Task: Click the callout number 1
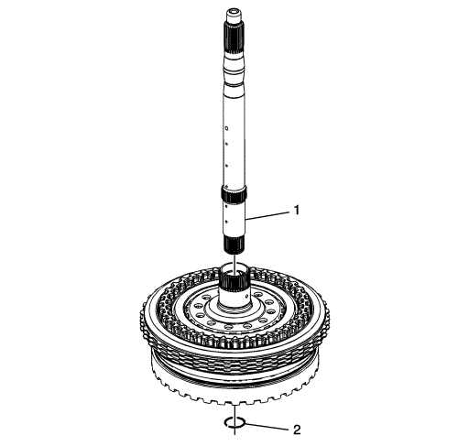point(297,211)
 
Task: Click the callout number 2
point(297,430)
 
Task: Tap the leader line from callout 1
point(267,215)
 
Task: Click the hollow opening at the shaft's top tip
point(234,13)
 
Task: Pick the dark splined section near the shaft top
point(234,38)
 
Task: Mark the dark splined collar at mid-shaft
point(234,194)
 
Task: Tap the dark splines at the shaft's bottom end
point(234,245)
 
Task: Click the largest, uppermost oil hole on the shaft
point(227,128)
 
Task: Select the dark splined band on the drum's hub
point(234,281)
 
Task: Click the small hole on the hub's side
point(246,295)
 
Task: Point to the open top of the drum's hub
point(234,268)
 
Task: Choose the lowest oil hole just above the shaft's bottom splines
point(226,221)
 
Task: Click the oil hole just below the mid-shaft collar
point(226,206)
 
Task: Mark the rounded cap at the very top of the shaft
point(234,16)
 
